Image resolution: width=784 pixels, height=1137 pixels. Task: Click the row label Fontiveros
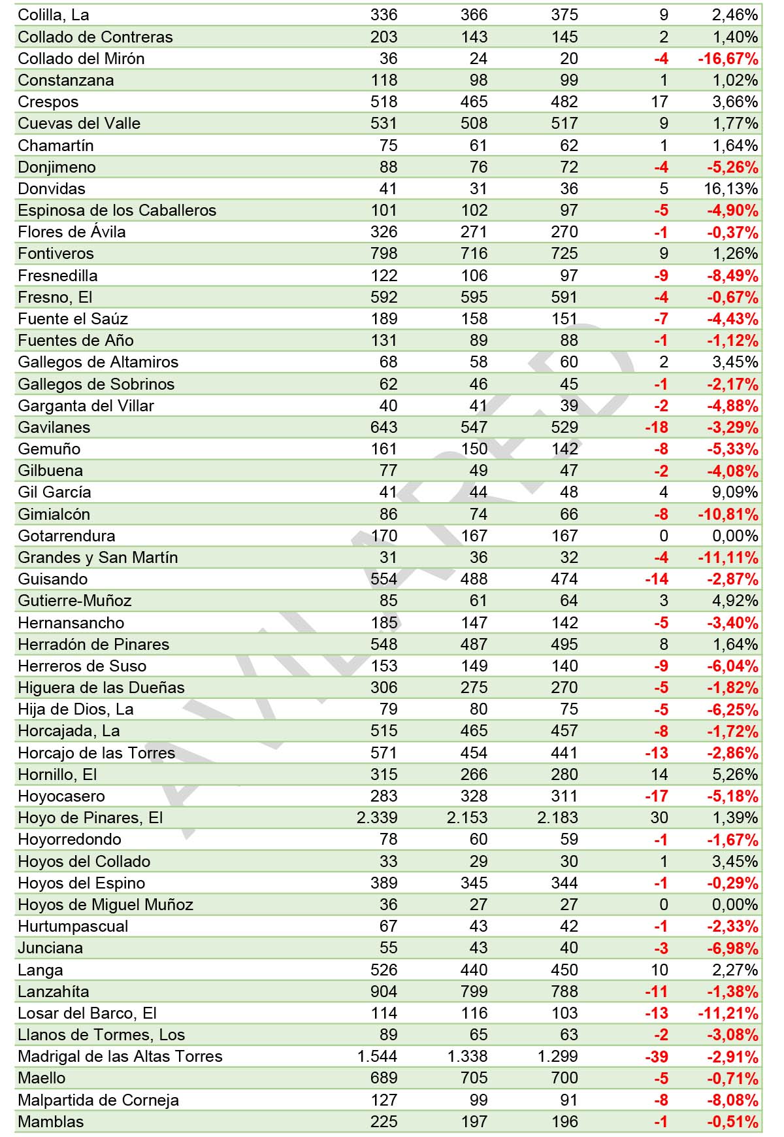pos(56,254)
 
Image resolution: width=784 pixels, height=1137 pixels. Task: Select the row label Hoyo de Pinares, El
pos(90,818)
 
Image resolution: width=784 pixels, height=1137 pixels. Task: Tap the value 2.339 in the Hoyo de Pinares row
pos(377,818)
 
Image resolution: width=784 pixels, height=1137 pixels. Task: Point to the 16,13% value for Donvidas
pos(734,189)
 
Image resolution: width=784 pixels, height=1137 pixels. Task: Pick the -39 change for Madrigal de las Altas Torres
pos(656,1057)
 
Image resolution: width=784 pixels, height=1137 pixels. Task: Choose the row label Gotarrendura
pos(66,536)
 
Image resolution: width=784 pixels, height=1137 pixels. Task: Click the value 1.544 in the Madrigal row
pos(377,1057)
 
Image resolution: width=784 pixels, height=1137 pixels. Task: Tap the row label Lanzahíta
pos(53,992)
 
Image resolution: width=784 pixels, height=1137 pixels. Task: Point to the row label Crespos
pos(48,102)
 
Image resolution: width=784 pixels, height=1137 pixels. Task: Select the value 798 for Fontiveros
pos(384,254)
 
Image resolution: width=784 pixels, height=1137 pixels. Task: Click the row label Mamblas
pos(50,1122)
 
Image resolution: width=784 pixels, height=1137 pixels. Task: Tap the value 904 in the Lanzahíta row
pos(384,992)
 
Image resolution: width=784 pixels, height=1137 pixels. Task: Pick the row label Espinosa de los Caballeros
pos(117,211)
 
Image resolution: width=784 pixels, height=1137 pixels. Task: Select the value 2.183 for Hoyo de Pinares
pos(557,818)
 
